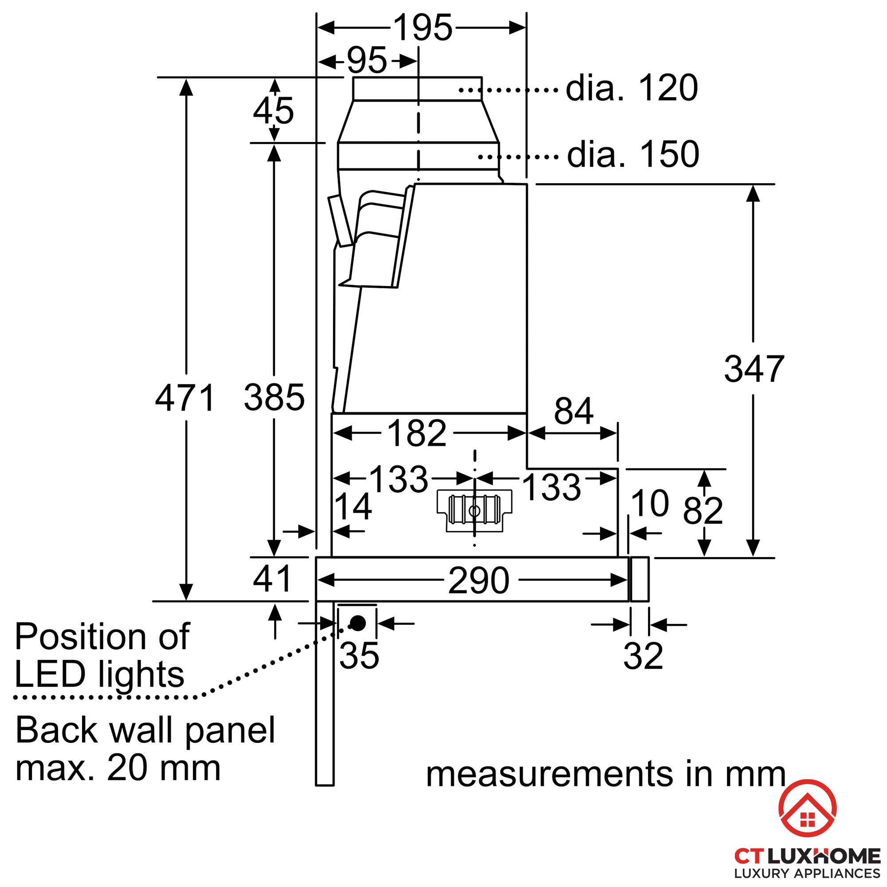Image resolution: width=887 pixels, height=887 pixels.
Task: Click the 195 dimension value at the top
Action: pos(423,27)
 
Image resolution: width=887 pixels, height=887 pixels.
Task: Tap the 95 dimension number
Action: pos(366,60)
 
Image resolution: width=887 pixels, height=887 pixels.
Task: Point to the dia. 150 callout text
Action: pos(633,154)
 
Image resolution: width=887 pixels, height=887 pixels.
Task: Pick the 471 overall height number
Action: pos(185,397)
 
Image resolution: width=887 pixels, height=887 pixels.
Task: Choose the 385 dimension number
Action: pos(274,397)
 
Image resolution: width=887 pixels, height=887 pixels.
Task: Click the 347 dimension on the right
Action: pos(754,369)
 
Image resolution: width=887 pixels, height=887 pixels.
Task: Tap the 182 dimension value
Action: pos(417,433)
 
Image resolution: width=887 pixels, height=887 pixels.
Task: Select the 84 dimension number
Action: pos(573,411)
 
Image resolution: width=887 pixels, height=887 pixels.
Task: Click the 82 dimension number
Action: pos(703,510)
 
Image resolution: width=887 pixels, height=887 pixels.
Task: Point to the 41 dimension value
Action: pos(272,579)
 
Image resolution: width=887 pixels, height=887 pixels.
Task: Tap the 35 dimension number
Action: pos(359,655)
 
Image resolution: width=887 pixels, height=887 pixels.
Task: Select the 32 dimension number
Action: pos(643,656)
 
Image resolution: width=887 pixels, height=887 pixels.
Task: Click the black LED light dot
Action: pos(357,623)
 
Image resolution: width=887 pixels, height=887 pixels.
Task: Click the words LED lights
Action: pos(100,675)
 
